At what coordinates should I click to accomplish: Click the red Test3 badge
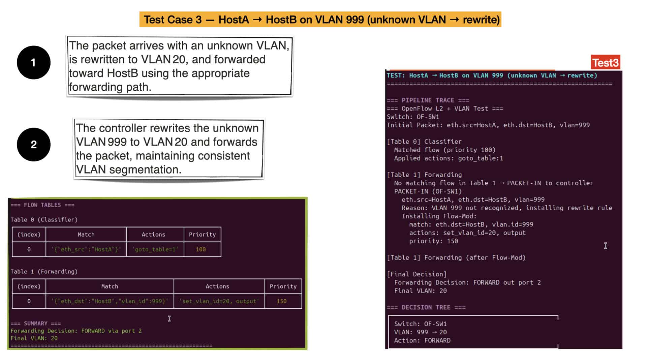point(606,62)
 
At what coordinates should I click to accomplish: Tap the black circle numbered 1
point(34,62)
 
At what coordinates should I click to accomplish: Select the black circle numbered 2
point(34,145)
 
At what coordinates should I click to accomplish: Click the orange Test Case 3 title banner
point(320,20)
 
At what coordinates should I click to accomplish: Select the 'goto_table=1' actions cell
point(155,249)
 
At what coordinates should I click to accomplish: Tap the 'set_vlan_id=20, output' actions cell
point(219,301)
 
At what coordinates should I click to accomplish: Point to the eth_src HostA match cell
point(86,249)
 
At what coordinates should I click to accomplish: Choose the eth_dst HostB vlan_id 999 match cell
point(110,301)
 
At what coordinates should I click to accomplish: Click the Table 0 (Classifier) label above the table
point(44,220)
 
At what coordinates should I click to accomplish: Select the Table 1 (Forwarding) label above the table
point(44,272)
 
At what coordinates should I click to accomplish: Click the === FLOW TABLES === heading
point(42,205)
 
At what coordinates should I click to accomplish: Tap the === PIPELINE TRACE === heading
point(428,100)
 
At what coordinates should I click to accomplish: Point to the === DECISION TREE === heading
point(426,307)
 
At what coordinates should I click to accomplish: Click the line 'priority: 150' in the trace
point(434,241)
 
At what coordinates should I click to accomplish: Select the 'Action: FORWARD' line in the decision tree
point(422,340)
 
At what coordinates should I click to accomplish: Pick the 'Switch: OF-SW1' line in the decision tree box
point(421,324)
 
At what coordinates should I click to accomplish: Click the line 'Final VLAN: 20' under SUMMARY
point(34,338)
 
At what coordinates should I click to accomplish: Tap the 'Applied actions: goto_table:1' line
point(449,158)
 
